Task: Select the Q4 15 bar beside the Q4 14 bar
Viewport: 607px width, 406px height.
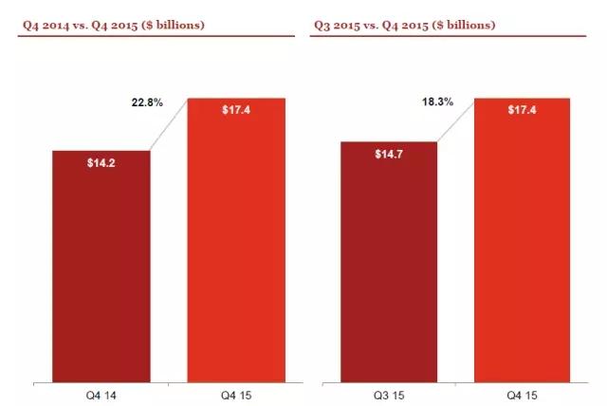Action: point(236,247)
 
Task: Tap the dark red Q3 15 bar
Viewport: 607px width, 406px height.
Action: point(388,266)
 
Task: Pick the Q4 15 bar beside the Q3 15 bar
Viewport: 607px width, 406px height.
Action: point(523,247)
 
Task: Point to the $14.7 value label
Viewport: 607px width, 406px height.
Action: point(388,154)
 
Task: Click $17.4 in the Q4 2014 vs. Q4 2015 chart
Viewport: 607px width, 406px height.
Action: point(236,110)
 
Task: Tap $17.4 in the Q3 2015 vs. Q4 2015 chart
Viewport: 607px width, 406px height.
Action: point(523,110)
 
